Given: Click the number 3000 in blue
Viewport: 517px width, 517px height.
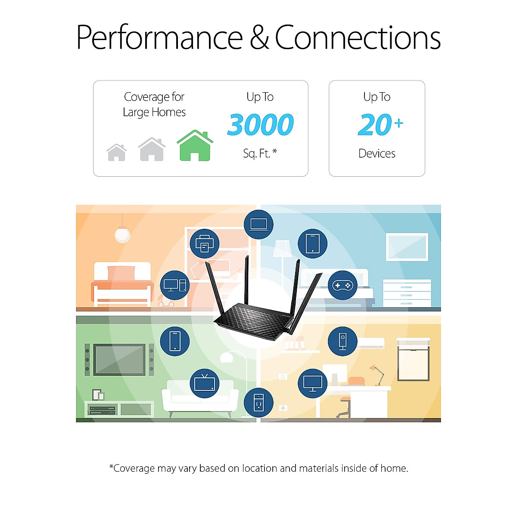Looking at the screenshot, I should point(260,125).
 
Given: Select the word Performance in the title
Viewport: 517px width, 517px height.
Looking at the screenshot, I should point(159,38).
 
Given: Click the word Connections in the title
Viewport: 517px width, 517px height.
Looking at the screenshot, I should point(358,38).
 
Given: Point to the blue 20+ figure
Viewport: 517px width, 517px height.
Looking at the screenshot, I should point(379,125).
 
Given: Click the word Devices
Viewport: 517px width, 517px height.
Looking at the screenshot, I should point(377,153).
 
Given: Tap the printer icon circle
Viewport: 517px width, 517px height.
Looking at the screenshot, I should point(205,244).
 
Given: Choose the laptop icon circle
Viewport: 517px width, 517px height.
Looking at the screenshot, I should point(258,224).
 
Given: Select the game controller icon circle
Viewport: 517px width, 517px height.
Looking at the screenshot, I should point(343,285).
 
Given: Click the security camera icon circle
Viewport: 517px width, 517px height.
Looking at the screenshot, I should point(343,341).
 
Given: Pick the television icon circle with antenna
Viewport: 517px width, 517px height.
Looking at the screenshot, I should point(205,383).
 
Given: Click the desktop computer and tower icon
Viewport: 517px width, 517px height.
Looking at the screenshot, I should point(175,285).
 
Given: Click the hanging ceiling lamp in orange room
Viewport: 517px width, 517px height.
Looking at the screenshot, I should point(122,234).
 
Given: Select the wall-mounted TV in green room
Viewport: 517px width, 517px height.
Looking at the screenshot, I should point(119,359).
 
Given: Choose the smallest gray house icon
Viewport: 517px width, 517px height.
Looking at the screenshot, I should point(117,153).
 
